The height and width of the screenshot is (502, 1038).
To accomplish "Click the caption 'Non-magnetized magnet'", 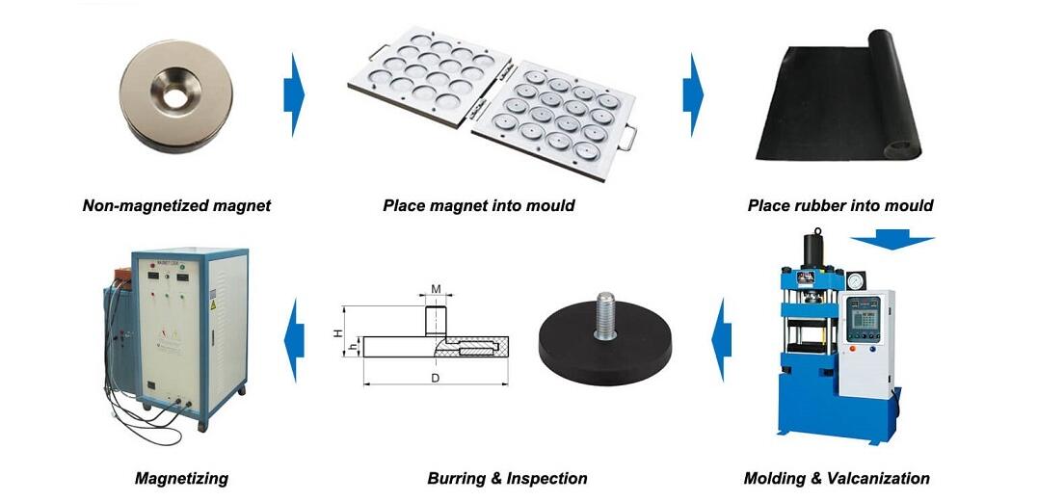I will pyautogui.click(x=176, y=205).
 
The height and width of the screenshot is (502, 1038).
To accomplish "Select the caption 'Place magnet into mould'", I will pyautogui.click(x=478, y=205).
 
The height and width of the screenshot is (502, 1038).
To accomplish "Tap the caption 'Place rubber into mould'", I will pyautogui.click(x=839, y=205).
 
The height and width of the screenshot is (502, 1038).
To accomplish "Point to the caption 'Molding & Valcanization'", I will pyautogui.click(x=837, y=478).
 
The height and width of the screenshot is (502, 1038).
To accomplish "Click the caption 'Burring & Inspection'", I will pyautogui.click(x=507, y=478).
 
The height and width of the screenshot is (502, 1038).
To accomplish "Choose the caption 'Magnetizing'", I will pyautogui.click(x=181, y=478).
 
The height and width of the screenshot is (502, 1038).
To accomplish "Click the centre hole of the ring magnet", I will pyautogui.click(x=176, y=95).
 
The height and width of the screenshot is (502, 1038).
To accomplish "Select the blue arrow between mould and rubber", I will pyautogui.click(x=693, y=94).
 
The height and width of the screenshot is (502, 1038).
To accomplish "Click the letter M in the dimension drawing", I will pyautogui.click(x=436, y=288).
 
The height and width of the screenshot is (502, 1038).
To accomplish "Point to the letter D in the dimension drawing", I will pyautogui.click(x=436, y=378).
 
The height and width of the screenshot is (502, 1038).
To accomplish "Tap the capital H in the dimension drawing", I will pyautogui.click(x=338, y=332).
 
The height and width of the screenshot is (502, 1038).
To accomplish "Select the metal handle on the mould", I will pyautogui.click(x=627, y=138).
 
